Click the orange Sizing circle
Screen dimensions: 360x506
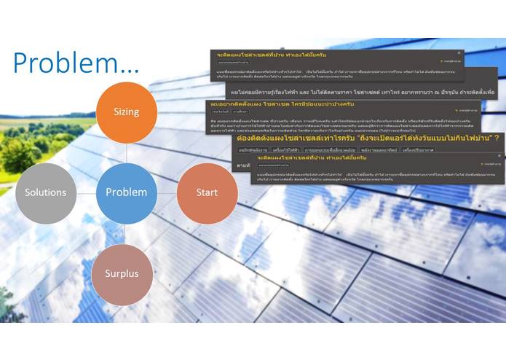tap(126, 112)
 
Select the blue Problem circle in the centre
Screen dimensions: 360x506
tap(126, 193)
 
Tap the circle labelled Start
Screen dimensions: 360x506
tap(207, 193)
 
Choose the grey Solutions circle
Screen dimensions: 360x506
tap(45, 193)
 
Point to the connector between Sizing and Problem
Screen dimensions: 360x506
tap(126, 152)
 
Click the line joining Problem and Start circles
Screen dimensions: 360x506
tap(166, 193)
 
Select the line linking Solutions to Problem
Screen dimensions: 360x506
tap(86, 193)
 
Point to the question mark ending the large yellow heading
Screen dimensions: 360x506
tap(496, 137)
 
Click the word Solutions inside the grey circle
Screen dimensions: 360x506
tap(45, 193)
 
